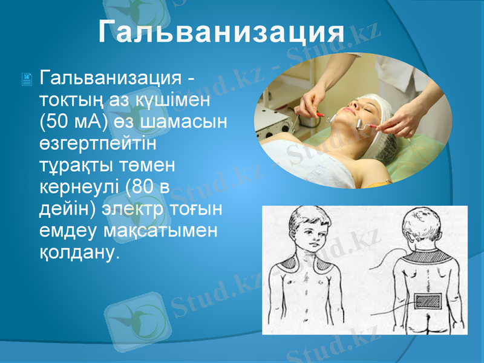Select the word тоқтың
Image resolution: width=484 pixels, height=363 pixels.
click(x=67, y=99)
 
